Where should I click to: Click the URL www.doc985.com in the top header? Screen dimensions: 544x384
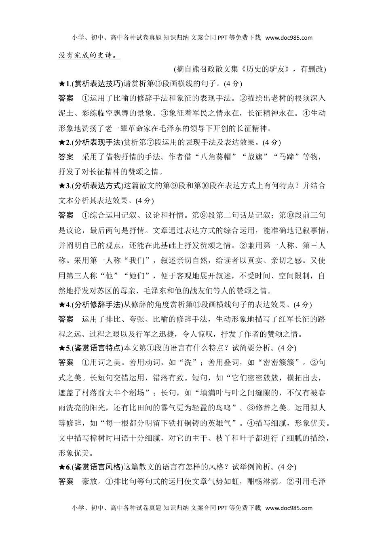[x=289, y=38]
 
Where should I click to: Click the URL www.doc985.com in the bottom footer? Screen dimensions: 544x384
[x=289, y=508]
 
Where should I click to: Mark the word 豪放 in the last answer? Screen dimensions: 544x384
[x=89, y=482]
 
